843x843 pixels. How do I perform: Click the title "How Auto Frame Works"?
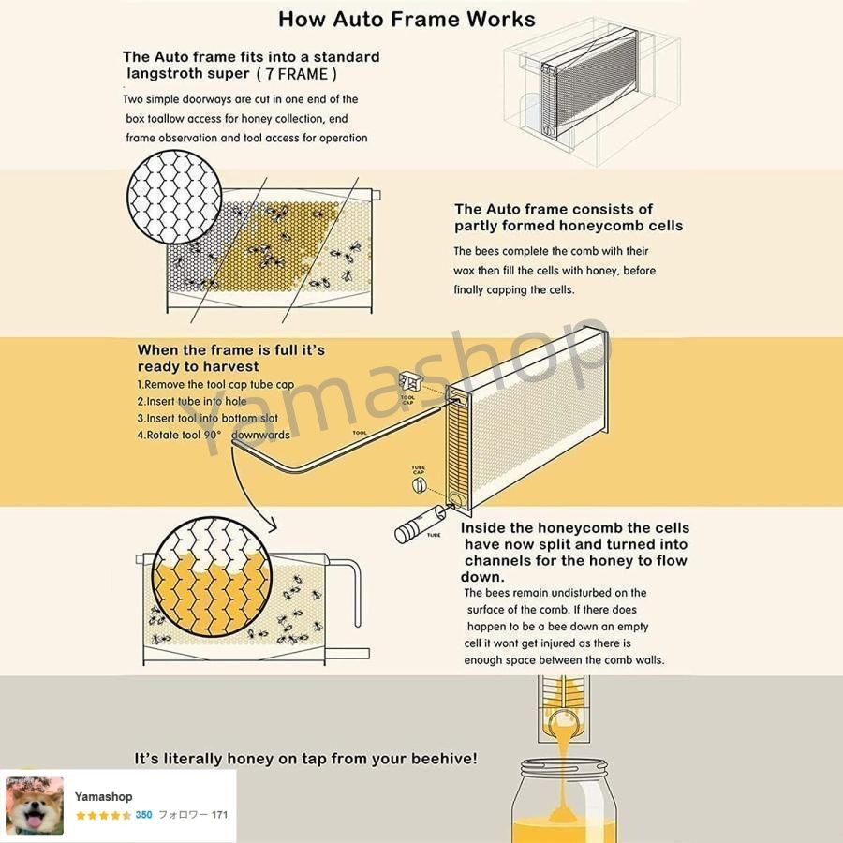[407, 20]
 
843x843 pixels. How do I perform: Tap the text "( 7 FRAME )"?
[296, 74]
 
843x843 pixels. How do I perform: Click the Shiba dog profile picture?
[35, 806]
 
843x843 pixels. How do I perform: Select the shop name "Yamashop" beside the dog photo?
[103, 796]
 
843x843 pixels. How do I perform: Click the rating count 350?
[143, 815]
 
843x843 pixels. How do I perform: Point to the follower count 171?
[219, 815]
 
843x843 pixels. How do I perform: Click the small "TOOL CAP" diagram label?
[407, 400]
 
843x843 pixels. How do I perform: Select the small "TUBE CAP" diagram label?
[419, 470]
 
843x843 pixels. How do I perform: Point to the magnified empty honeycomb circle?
[174, 196]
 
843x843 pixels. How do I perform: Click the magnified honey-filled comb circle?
[212, 576]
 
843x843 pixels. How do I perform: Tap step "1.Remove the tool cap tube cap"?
[215, 384]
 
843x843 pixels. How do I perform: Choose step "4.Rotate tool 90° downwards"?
[214, 435]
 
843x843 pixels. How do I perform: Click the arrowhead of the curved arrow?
[272, 525]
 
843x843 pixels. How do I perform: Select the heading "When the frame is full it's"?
[231, 350]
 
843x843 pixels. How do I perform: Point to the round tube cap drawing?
[419, 485]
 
